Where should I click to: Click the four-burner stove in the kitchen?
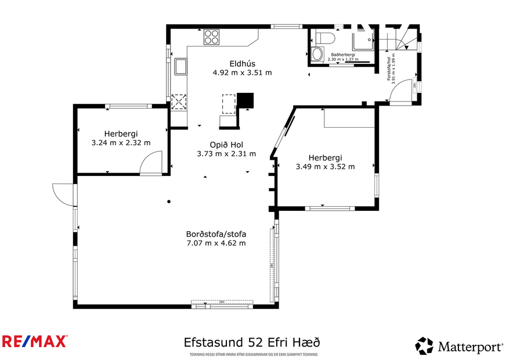pos(212,37)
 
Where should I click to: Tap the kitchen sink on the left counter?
pos(181,67)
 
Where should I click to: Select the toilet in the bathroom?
pos(325,39)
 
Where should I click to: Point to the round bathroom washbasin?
pos(317,55)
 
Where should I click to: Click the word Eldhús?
pos(242,64)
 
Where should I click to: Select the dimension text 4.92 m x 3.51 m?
pos(242,73)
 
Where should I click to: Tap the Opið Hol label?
pos(226,145)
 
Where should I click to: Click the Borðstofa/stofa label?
pos(216,234)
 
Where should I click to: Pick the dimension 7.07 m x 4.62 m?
pos(216,243)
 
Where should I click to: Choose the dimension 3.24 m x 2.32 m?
pos(121,142)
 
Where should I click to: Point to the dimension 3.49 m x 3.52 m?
pos(325,167)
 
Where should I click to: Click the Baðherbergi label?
pos(343,55)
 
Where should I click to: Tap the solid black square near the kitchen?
pos(246,101)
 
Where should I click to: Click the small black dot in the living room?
pos(169,201)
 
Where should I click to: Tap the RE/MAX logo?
pos(35,341)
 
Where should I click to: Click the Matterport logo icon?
pos(424,346)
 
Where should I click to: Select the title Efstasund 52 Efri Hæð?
pos(251,342)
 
